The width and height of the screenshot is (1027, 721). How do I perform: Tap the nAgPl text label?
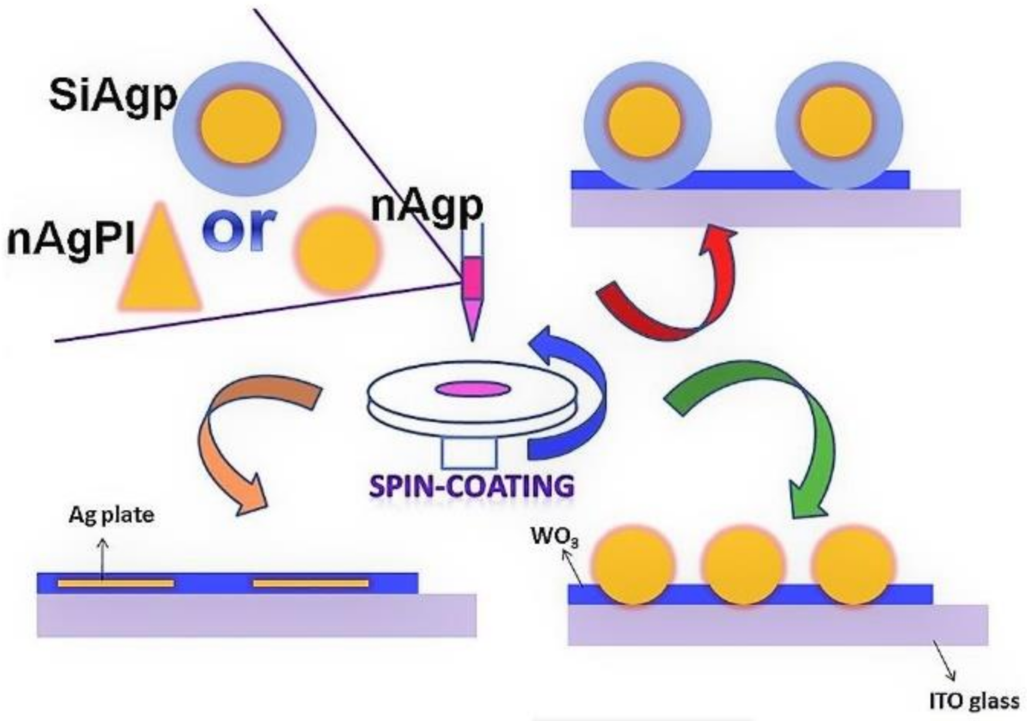(x=70, y=240)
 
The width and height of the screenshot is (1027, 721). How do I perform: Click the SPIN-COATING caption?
(x=471, y=486)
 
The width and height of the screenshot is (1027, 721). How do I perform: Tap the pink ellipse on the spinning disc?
(x=472, y=389)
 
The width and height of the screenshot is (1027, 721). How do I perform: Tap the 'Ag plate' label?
(x=111, y=515)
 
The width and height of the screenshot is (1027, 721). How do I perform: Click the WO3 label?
(x=554, y=537)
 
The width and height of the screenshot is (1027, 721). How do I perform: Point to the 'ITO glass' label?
(x=973, y=701)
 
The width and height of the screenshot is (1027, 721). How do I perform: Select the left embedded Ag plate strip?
(x=115, y=583)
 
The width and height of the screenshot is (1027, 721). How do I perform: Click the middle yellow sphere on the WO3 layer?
(x=743, y=566)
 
